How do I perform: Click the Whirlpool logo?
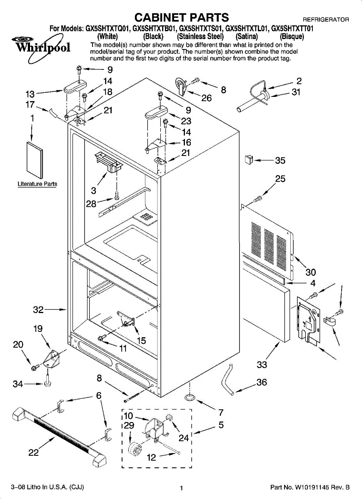coord(42,47)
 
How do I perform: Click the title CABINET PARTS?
coord(181,17)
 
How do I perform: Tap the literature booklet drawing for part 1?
coord(34,160)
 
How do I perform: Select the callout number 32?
coord(38,310)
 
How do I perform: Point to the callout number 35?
coord(280,161)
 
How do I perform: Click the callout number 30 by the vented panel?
coord(310,272)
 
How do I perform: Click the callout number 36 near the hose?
coord(262,382)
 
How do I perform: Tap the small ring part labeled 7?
coord(190,398)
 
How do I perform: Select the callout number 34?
coord(17,385)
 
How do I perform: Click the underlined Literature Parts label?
coord(37,184)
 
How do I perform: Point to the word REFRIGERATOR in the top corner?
coord(325,20)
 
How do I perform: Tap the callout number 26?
coord(206,98)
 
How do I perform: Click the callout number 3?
coord(94,190)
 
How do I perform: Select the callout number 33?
coord(262,365)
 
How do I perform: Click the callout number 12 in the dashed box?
coord(152,457)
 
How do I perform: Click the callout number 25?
coord(280,179)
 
